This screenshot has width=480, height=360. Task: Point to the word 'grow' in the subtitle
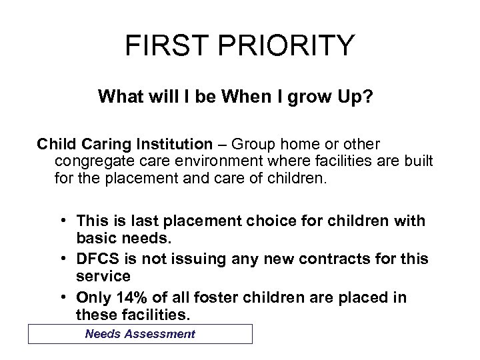point(311,97)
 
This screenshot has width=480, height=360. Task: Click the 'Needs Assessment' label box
point(140,333)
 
